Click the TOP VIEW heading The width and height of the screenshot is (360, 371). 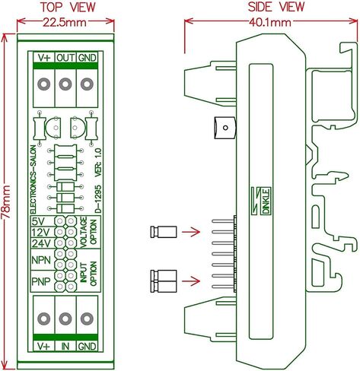click(68, 8)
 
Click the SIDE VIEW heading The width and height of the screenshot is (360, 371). click(276, 7)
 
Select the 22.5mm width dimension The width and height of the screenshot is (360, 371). click(65, 22)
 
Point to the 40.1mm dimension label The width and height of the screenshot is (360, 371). click(269, 23)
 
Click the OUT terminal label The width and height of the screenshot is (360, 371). click(65, 58)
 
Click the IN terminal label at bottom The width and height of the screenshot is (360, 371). click(65, 346)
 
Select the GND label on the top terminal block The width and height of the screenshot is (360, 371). click(87, 58)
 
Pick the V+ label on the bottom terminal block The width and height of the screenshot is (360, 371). click(43, 346)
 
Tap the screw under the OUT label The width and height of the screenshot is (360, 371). click(65, 84)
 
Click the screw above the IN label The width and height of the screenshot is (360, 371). click(65, 319)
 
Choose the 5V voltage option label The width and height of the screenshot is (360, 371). click(38, 222)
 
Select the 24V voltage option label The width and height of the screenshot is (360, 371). click(42, 243)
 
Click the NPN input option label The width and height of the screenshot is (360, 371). click(41, 260)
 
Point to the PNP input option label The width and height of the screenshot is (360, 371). click(41, 281)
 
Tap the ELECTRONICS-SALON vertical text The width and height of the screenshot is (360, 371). click(33, 179)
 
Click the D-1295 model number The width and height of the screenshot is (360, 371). click(98, 199)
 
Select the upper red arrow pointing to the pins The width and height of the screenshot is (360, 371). click(191, 232)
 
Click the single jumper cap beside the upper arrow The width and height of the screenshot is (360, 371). click(164, 232)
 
